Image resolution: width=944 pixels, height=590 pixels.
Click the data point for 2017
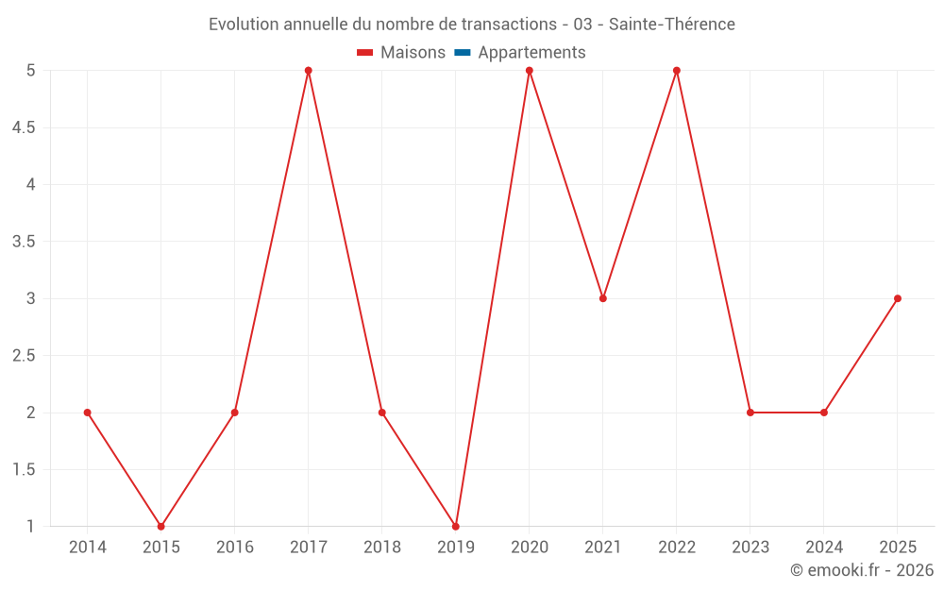309,71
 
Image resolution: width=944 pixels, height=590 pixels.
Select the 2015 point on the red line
161,527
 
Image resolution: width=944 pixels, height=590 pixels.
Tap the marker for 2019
456,527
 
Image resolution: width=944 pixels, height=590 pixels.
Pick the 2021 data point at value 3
603,298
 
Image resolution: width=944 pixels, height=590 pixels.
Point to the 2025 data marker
898,298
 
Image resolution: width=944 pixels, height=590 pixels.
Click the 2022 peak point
677,71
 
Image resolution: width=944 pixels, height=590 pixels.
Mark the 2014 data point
88,413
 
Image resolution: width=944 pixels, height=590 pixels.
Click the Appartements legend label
531,53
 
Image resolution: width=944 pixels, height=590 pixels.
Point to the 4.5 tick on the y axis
24,127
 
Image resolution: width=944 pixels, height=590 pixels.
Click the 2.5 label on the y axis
24,356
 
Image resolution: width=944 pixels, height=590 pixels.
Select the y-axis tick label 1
31,527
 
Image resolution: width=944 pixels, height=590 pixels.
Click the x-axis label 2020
530,548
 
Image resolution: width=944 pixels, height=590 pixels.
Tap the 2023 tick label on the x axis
750,548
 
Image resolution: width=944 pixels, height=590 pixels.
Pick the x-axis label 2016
235,548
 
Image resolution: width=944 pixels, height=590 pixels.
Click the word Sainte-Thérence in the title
671,25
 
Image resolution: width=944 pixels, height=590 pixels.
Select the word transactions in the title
509,25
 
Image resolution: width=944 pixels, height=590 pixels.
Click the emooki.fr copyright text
862,570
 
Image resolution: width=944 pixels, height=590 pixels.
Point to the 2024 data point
824,413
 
